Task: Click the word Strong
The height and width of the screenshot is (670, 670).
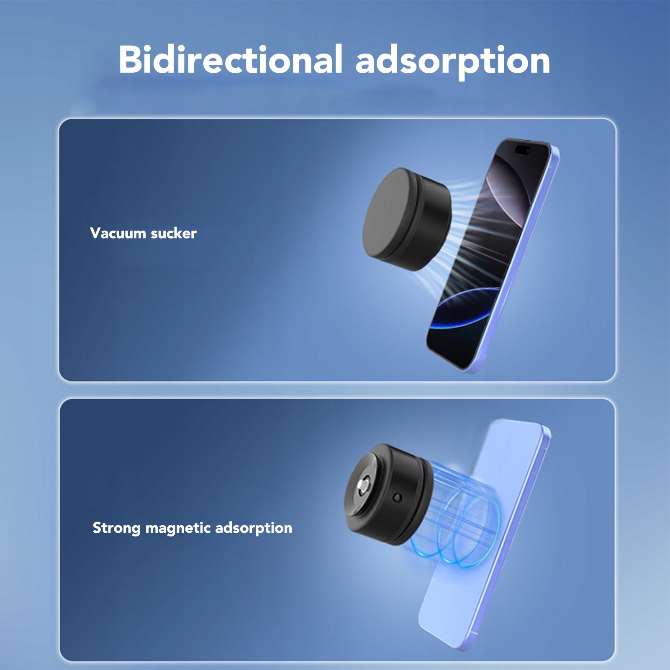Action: point(116,528)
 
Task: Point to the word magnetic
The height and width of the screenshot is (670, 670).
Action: point(178,528)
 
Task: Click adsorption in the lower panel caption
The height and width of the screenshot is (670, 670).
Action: point(254,528)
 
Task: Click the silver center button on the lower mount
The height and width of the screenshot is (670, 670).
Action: point(363,486)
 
